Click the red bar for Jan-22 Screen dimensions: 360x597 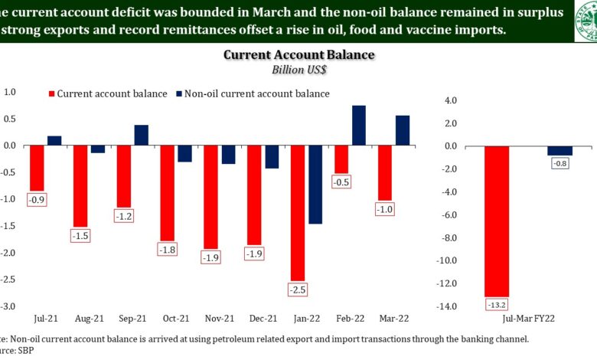click(298, 213)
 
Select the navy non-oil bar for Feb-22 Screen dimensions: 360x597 click(359, 126)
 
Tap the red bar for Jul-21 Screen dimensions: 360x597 click(37, 168)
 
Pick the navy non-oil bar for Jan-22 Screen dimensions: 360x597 click(315, 185)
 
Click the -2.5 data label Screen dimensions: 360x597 click(298, 290)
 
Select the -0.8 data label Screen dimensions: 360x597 click(560, 162)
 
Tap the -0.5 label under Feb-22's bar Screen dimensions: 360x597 click(341, 182)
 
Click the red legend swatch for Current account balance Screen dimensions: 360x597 click(52, 93)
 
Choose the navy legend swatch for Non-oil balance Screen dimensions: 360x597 click(179, 93)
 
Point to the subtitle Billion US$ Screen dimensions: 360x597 click(299, 70)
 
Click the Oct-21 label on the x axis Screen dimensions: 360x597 click(176, 317)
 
